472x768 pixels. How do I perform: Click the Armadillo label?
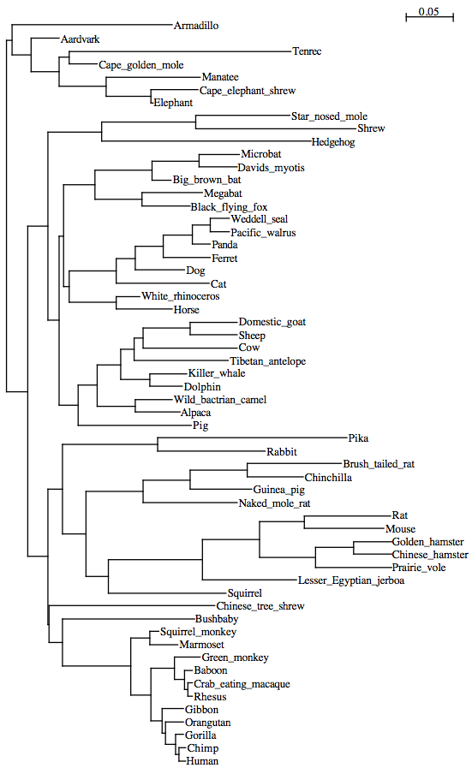pos(196,26)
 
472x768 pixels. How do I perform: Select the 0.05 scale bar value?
pos(429,11)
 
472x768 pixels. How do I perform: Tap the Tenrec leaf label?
pos(307,51)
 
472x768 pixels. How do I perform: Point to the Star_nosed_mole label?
pos(329,116)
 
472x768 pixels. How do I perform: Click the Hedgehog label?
pos(333,142)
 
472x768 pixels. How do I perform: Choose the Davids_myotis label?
pos(271,168)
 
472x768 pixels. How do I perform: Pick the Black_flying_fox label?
pos(229,206)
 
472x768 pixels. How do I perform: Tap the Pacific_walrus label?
pos(263,233)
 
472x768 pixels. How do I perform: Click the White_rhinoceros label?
pos(181,296)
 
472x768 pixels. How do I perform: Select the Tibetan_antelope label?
pos(268,361)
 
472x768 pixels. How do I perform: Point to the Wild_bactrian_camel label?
pos(220,400)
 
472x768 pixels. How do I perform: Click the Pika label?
pos(358,438)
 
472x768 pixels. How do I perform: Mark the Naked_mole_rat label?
pos(274,503)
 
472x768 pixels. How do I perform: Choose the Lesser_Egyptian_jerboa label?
pos(351,580)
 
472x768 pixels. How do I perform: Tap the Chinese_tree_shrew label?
pos(260,606)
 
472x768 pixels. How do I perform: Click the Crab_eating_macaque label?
pos(242,684)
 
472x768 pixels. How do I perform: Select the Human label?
pos(202,760)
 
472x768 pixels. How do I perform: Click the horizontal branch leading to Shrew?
pos(277,128)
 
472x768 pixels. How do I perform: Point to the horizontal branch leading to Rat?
pos(348,515)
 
